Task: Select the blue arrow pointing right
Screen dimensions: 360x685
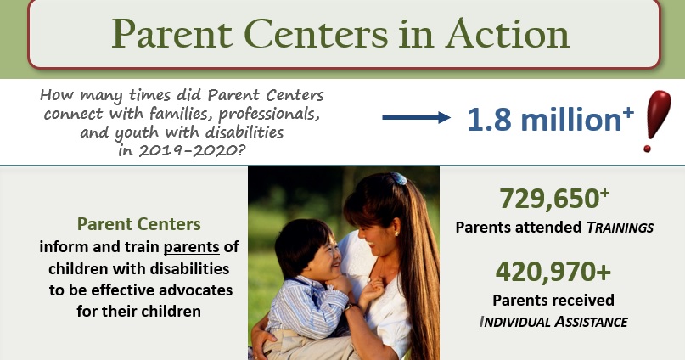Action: click(x=416, y=118)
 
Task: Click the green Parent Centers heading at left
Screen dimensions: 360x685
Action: click(x=139, y=224)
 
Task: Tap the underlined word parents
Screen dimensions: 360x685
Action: click(x=191, y=247)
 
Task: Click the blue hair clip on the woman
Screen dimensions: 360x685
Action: click(x=398, y=178)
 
